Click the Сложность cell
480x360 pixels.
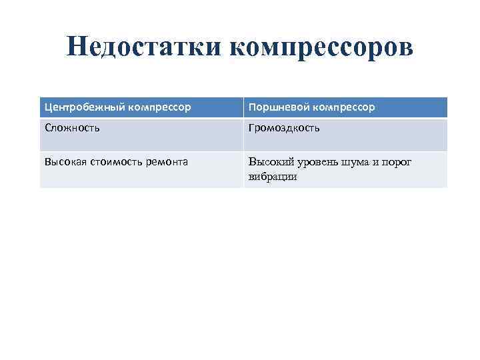coord(73,127)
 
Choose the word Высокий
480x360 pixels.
coord(271,161)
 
